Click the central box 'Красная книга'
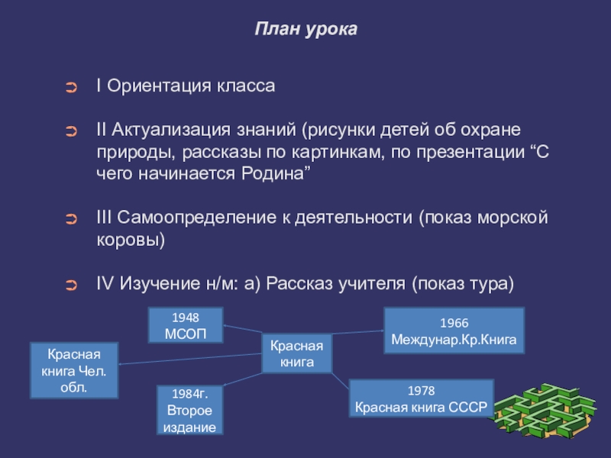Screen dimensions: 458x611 (297, 353)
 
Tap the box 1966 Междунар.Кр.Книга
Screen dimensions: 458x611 (454, 331)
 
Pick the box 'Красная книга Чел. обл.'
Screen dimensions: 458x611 (73, 370)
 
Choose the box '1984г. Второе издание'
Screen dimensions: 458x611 (190, 410)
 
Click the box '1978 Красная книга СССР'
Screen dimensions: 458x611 (421, 398)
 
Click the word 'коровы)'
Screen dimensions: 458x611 (130, 240)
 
